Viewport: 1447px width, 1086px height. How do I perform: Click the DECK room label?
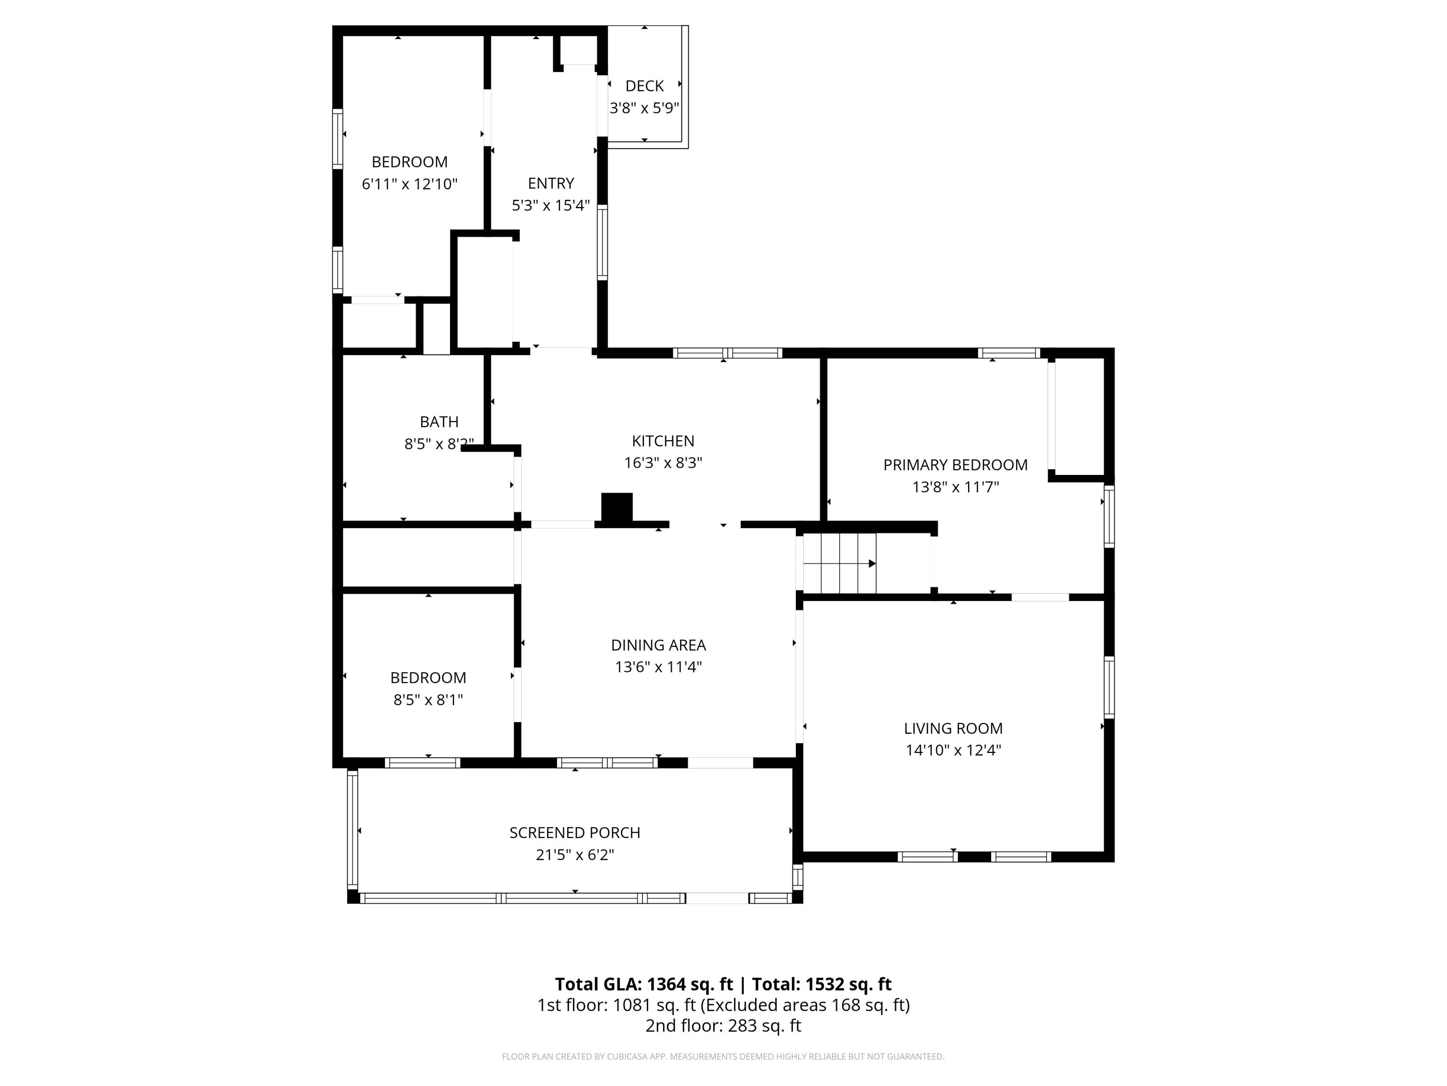[644, 86]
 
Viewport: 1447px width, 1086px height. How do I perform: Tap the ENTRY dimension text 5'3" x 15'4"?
[550, 206]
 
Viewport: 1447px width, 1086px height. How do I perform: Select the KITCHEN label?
[663, 441]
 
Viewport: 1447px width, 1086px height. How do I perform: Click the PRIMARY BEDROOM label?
[955, 465]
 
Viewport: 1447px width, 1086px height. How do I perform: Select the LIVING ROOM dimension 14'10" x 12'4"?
[953, 750]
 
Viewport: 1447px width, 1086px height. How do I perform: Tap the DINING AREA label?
[658, 645]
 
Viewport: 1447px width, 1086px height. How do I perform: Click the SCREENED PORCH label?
[574, 833]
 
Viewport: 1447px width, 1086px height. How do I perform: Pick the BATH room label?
[439, 421]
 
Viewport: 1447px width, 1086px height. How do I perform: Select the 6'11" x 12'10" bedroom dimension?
[410, 184]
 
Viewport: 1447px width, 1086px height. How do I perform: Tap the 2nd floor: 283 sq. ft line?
[723, 1026]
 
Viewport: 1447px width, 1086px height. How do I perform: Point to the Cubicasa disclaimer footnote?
[723, 1057]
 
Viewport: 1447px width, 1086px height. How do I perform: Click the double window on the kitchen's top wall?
[727, 353]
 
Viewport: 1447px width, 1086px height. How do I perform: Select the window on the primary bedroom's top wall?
[1008, 353]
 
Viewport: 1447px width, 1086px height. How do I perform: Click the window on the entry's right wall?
[602, 242]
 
